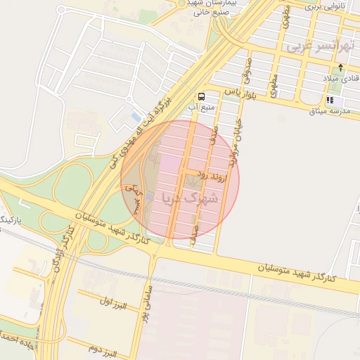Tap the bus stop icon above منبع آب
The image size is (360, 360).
202,96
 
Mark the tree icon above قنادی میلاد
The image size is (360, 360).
341,67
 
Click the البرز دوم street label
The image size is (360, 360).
103,346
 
